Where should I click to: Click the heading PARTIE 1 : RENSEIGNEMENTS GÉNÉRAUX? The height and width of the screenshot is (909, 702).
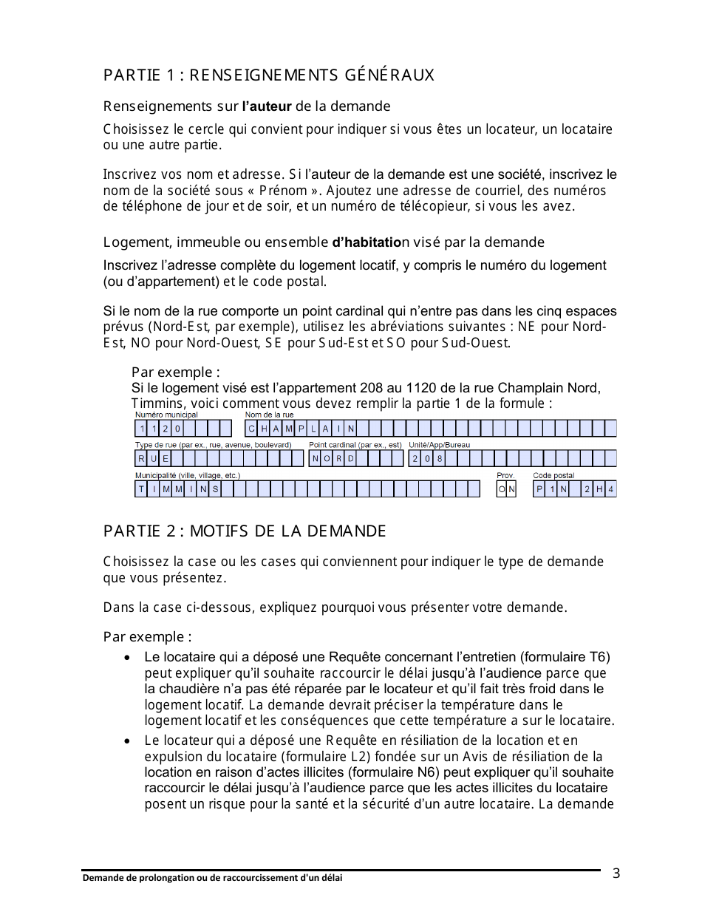click(268, 75)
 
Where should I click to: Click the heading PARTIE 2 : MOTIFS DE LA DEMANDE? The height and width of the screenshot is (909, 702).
click(245, 531)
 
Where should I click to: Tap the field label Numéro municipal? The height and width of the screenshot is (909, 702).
click(166, 415)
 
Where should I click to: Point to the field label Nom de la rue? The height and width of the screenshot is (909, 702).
click(269, 415)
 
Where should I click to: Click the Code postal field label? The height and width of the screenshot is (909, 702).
click(553, 475)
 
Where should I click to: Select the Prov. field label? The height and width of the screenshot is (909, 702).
click(505, 475)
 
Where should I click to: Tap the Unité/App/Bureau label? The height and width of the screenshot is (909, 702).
click(439, 445)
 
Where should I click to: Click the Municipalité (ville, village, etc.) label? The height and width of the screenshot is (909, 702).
click(187, 475)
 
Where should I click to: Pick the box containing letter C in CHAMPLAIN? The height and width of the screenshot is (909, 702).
click(251, 429)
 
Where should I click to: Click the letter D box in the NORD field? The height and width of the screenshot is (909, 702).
click(352, 459)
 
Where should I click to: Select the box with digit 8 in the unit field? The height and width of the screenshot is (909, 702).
click(439, 459)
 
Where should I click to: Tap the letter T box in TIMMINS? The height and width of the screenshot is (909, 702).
click(141, 489)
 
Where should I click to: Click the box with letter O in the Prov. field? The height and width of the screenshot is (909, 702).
click(502, 489)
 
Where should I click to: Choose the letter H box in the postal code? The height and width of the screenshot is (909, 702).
click(599, 489)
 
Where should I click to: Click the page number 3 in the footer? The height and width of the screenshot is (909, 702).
click(616, 874)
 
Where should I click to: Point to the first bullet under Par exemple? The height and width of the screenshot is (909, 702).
click(129, 657)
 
